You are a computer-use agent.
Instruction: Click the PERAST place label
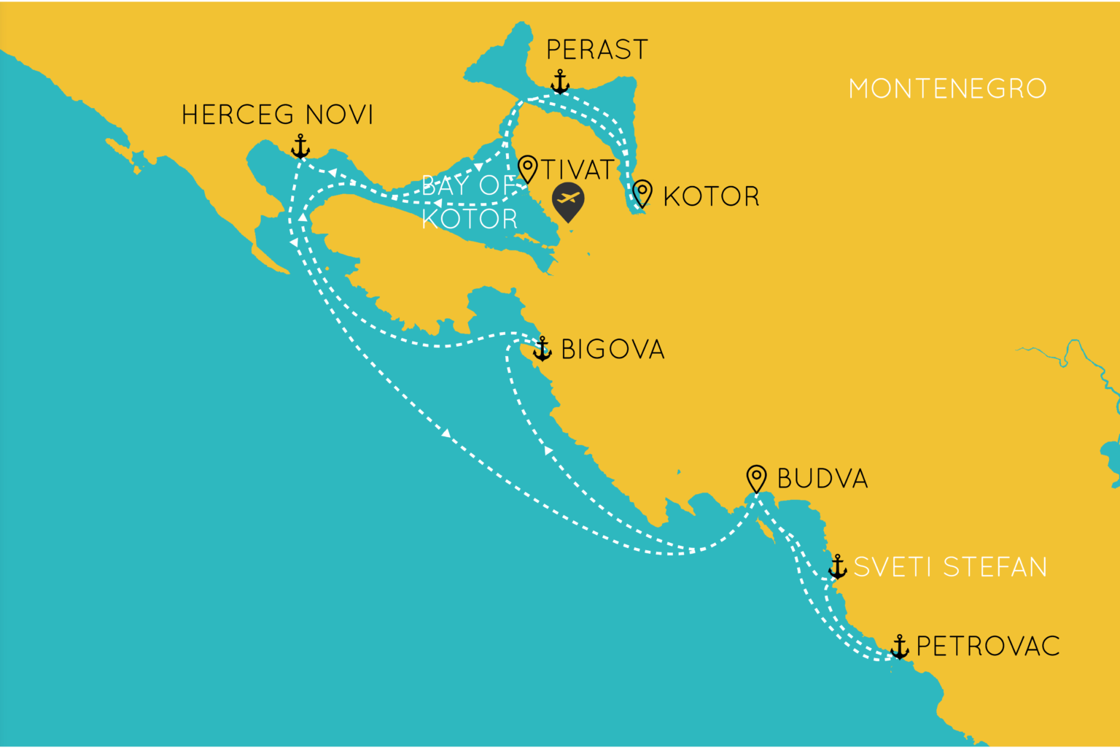tap(596, 50)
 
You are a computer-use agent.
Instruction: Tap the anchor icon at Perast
tap(560, 82)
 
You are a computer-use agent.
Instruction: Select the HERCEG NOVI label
tap(277, 115)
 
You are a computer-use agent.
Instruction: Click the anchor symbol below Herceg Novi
tap(300, 146)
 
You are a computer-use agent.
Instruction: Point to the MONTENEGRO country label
tap(947, 89)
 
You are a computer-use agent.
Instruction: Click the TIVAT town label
tap(577, 170)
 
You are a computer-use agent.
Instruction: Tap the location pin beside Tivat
tap(527, 169)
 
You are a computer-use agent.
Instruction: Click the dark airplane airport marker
tap(568, 201)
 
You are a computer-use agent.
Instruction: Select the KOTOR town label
tap(711, 196)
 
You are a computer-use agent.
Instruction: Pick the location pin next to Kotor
tap(642, 193)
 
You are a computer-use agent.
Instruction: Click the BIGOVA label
tap(612, 350)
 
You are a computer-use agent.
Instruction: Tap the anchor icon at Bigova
tap(542, 349)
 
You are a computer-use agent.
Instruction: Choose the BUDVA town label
tap(822, 479)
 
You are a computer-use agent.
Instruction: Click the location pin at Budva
tap(757, 479)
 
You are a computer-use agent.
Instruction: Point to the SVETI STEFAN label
tap(950, 567)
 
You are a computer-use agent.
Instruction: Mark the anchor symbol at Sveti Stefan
tap(838, 566)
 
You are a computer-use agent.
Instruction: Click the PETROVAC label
tap(988, 647)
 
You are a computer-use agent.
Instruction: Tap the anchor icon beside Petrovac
tap(900, 647)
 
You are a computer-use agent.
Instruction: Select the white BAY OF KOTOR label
tap(470, 202)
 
